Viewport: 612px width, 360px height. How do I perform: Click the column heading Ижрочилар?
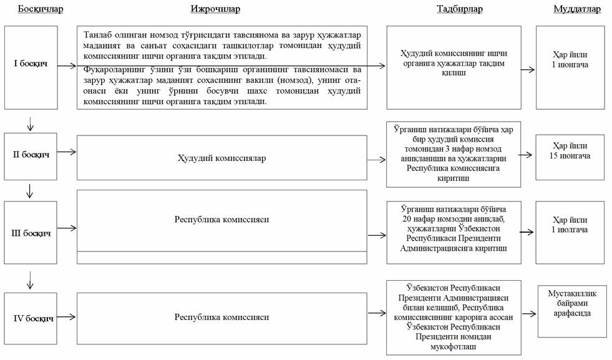pyautogui.click(x=215, y=9)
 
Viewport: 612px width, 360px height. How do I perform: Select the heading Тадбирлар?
pyautogui.click(x=460, y=9)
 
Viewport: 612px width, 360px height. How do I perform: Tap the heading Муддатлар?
pyautogui.click(x=577, y=9)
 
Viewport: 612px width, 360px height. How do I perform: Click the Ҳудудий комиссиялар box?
pyautogui.click(x=221, y=158)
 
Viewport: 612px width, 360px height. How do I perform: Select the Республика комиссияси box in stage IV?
pyautogui.click(x=221, y=318)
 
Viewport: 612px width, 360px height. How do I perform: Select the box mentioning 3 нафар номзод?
pyautogui.click(x=453, y=153)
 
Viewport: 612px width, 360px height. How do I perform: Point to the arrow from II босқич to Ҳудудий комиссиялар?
pyautogui.click(x=67, y=152)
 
